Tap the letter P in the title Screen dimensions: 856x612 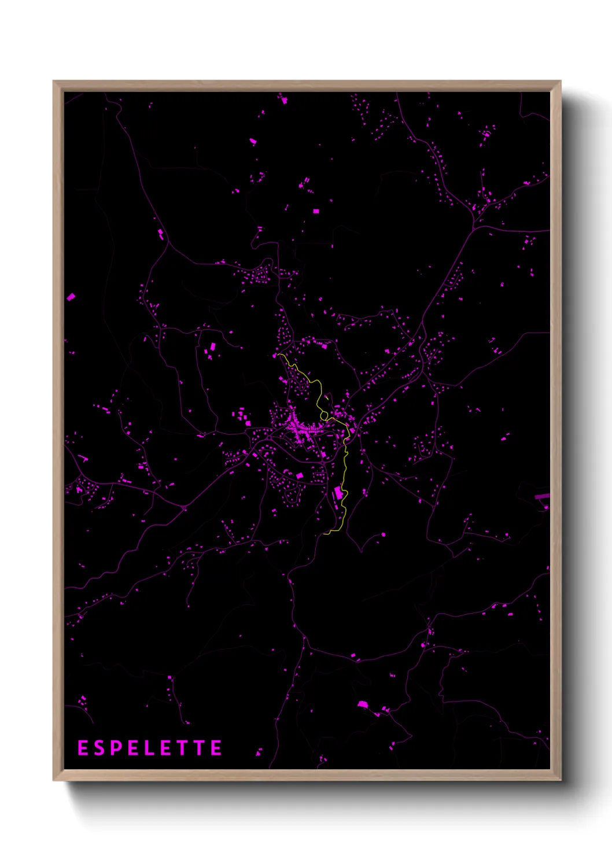pos(116,748)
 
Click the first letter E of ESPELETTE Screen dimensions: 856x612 pos(83,748)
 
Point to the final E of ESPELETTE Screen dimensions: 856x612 pos(216,748)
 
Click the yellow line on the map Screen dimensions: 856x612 pos(345,463)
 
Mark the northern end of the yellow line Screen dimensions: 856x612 pos(278,354)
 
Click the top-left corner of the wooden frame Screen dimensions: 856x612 pos(54,82)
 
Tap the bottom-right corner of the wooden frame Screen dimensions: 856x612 pos(560,780)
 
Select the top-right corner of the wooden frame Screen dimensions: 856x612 pos(560,82)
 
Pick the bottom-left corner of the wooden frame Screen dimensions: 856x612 pos(54,780)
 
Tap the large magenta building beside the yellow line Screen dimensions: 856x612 pos(338,493)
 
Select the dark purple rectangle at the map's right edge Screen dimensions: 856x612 pos(541,496)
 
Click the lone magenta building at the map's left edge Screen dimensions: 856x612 pos(71,297)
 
